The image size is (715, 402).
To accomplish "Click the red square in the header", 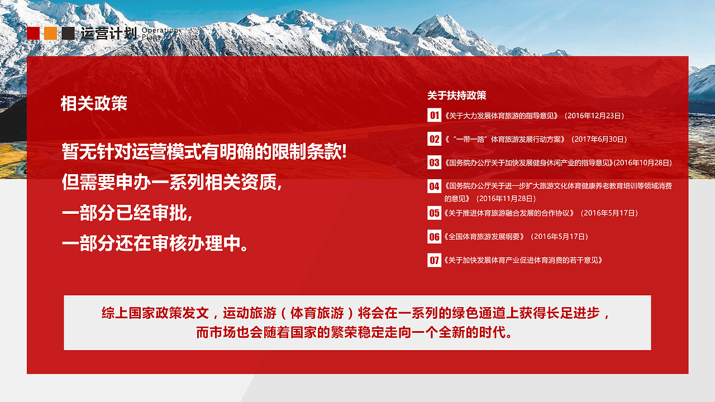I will point(34,33).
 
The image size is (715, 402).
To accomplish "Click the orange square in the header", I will point(51,33).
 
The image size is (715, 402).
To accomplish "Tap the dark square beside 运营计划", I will point(68,33).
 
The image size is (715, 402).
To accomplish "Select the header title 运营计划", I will point(108,33).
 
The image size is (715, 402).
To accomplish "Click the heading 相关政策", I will point(94,103).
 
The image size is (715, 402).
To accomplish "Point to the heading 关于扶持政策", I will point(456,95).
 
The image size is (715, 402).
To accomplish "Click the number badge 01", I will point(434,116).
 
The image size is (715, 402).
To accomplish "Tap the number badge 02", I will point(434,139).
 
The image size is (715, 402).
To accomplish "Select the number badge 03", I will point(434,162).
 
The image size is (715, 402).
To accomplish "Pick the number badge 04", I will point(434,186).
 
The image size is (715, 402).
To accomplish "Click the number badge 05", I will point(434,213).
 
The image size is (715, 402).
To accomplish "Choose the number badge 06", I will point(434,236).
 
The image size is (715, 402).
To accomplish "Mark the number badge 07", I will point(434,260).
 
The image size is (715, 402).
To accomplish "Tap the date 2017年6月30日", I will point(600,139).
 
